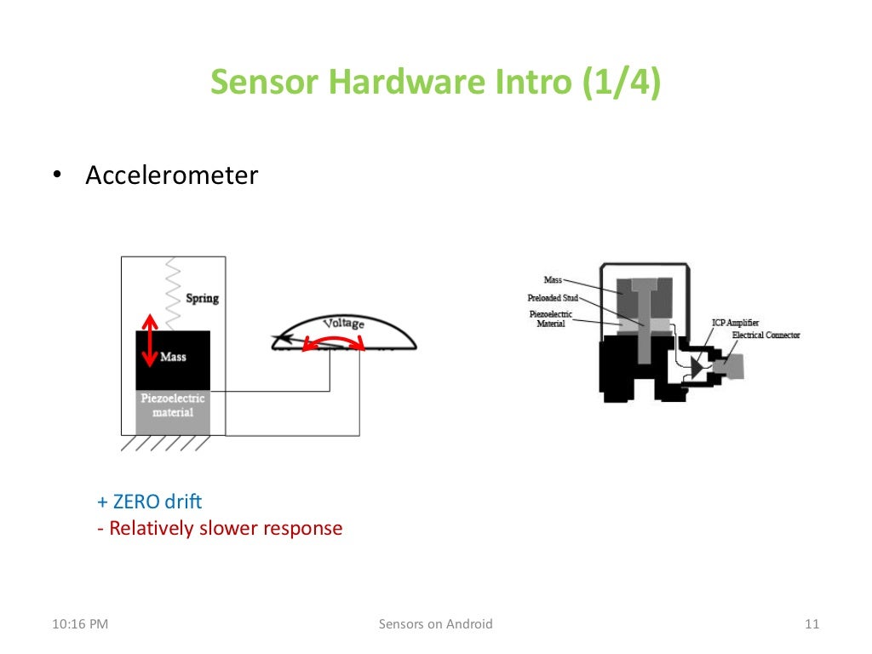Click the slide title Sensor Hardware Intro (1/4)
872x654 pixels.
pos(435,83)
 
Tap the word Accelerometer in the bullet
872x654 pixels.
pos(171,175)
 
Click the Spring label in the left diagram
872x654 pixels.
pos(202,298)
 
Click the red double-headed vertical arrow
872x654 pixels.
pos(150,341)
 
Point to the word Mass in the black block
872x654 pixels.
pos(173,357)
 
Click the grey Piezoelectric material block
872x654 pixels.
pos(173,411)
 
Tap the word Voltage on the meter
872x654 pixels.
pos(343,324)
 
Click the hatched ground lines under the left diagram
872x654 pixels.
pos(166,444)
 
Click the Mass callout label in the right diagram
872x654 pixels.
pos(554,279)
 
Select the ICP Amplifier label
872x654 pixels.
pos(735,323)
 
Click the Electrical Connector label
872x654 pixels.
pos(766,335)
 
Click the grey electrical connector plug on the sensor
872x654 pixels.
pos(731,367)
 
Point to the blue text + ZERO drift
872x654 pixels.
pos(150,502)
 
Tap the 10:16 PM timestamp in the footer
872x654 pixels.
pos(80,624)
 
